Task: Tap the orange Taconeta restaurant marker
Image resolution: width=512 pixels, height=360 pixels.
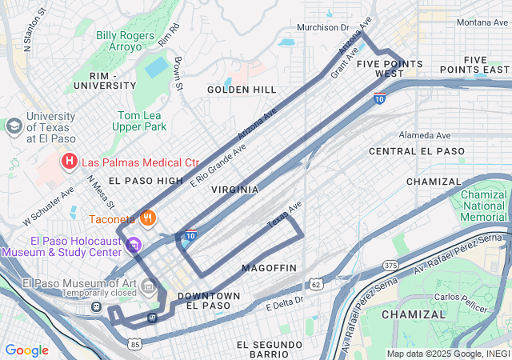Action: (x=147, y=217)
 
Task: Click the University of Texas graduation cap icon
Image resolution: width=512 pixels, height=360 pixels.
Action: (x=14, y=126)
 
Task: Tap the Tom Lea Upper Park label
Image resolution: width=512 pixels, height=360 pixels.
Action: (x=139, y=121)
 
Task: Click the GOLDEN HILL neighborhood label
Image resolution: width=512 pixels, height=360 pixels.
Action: (x=242, y=90)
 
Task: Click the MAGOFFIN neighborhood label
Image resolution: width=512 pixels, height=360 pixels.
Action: (x=269, y=267)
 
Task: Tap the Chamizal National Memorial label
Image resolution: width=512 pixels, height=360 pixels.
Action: (x=485, y=206)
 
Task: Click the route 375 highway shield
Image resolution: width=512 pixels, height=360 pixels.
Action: (x=390, y=265)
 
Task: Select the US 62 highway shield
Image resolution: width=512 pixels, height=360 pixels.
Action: (x=318, y=283)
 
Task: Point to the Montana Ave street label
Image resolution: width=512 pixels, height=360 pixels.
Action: (x=482, y=22)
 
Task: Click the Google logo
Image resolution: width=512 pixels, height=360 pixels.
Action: (x=27, y=350)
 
